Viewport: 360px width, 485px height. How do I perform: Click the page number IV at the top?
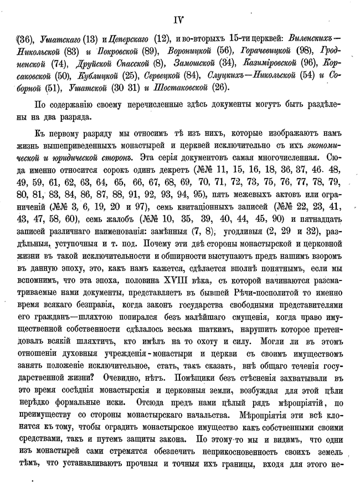click(x=178, y=21)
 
